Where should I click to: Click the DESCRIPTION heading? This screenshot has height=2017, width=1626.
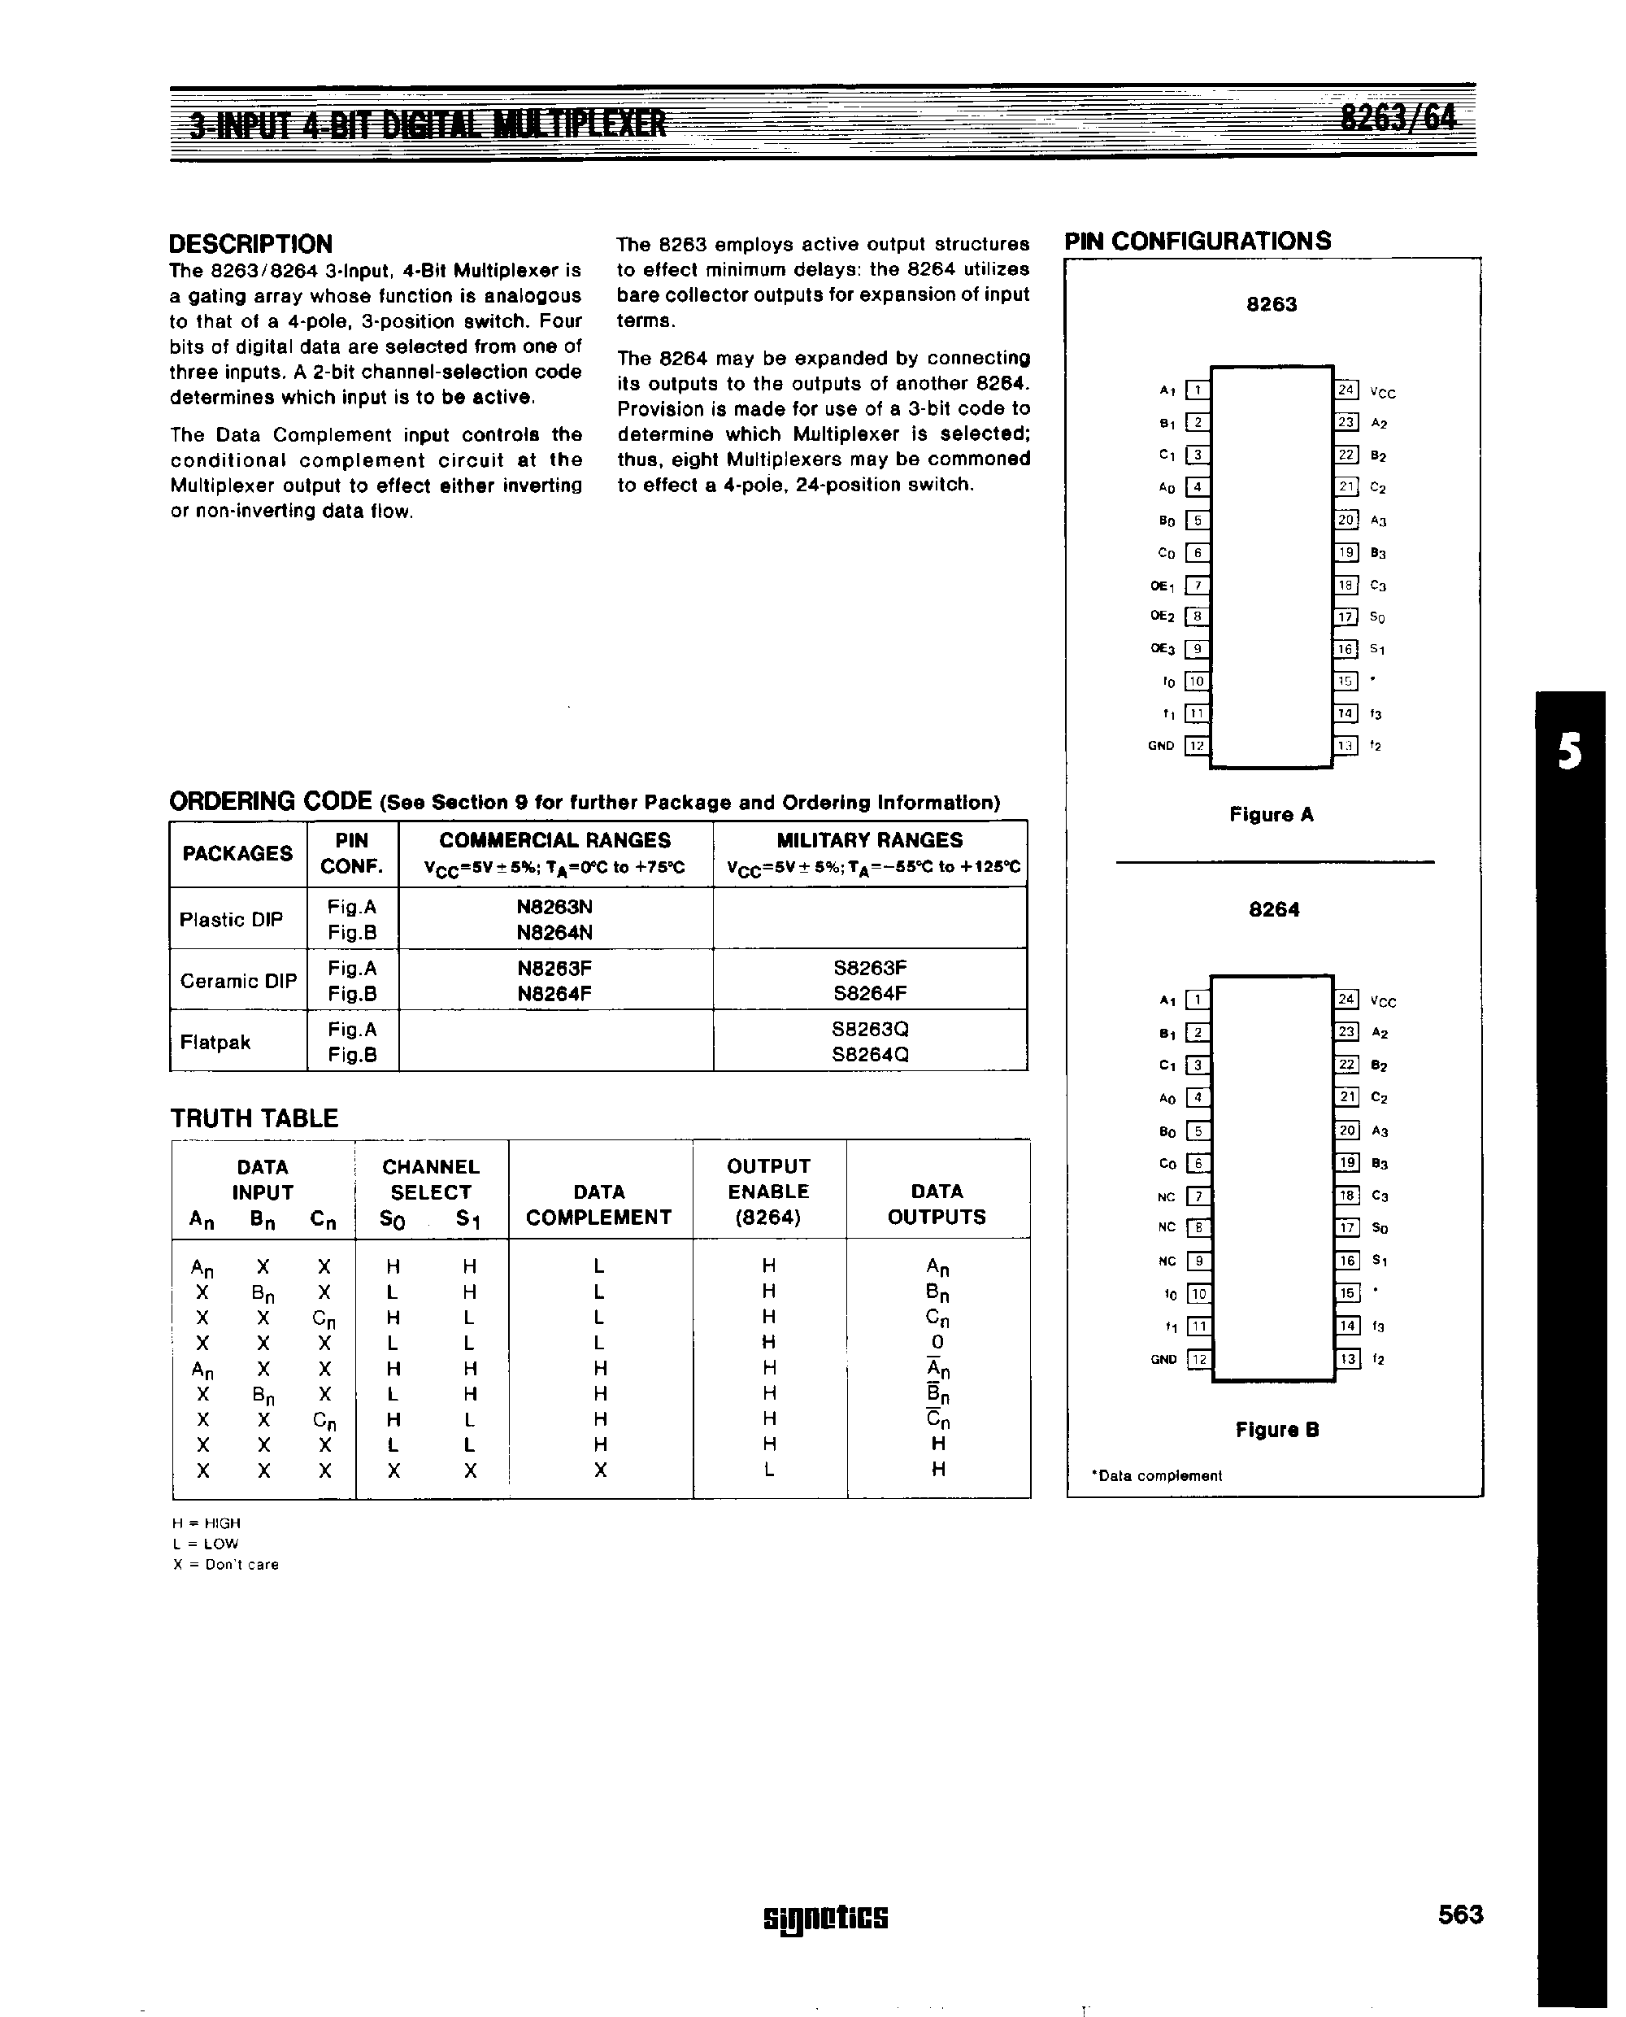click(x=250, y=245)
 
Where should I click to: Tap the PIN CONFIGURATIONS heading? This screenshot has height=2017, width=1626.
click(x=1197, y=241)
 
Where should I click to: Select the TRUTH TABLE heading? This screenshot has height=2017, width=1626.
click(x=254, y=1118)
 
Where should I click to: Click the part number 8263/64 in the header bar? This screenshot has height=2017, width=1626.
click(x=1398, y=119)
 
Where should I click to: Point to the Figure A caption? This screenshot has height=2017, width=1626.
click(x=1271, y=815)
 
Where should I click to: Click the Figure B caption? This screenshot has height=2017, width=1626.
click(x=1276, y=1430)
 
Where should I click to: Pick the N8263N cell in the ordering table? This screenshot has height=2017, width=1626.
click(x=554, y=907)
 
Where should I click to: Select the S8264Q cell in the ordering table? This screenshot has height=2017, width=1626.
click(x=869, y=1054)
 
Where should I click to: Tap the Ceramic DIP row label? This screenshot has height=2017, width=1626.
click(x=238, y=981)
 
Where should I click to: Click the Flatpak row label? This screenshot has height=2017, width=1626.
click(x=215, y=1042)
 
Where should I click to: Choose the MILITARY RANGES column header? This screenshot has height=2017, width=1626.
click(x=869, y=840)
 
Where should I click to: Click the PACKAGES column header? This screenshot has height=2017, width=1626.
click(x=237, y=853)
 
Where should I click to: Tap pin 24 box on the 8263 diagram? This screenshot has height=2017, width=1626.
click(x=1346, y=390)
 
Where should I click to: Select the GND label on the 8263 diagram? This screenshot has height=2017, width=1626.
click(x=1160, y=746)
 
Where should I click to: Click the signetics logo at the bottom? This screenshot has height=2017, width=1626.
click(x=825, y=1917)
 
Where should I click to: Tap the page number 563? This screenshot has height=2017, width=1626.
click(x=1460, y=1914)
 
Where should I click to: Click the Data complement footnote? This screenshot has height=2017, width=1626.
click(x=1157, y=1475)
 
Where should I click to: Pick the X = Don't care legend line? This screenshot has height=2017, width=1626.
click(x=226, y=1565)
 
